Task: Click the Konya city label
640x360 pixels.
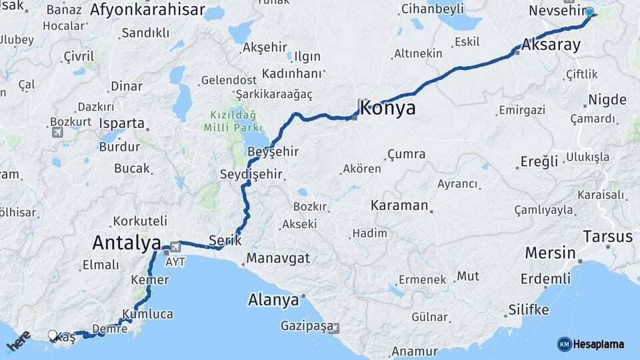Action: point(387,108)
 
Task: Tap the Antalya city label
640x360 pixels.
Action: point(127,241)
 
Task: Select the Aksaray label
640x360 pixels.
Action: point(551,45)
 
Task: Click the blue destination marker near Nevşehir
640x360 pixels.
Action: point(589,12)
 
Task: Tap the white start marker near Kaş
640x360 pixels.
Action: point(53,335)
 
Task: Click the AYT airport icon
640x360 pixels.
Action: point(175,246)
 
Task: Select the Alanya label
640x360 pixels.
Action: point(273,300)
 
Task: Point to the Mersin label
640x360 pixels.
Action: point(550,253)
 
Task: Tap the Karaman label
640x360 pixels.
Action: point(399,205)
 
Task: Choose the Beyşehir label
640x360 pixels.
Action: point(273,152)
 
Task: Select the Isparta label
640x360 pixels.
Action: point(121,123)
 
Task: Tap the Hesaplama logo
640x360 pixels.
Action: point(591,344)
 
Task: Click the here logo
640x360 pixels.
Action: point(18,341)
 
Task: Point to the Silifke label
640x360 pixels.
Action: point(529,309)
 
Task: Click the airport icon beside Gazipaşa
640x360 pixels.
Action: point(334,328)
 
